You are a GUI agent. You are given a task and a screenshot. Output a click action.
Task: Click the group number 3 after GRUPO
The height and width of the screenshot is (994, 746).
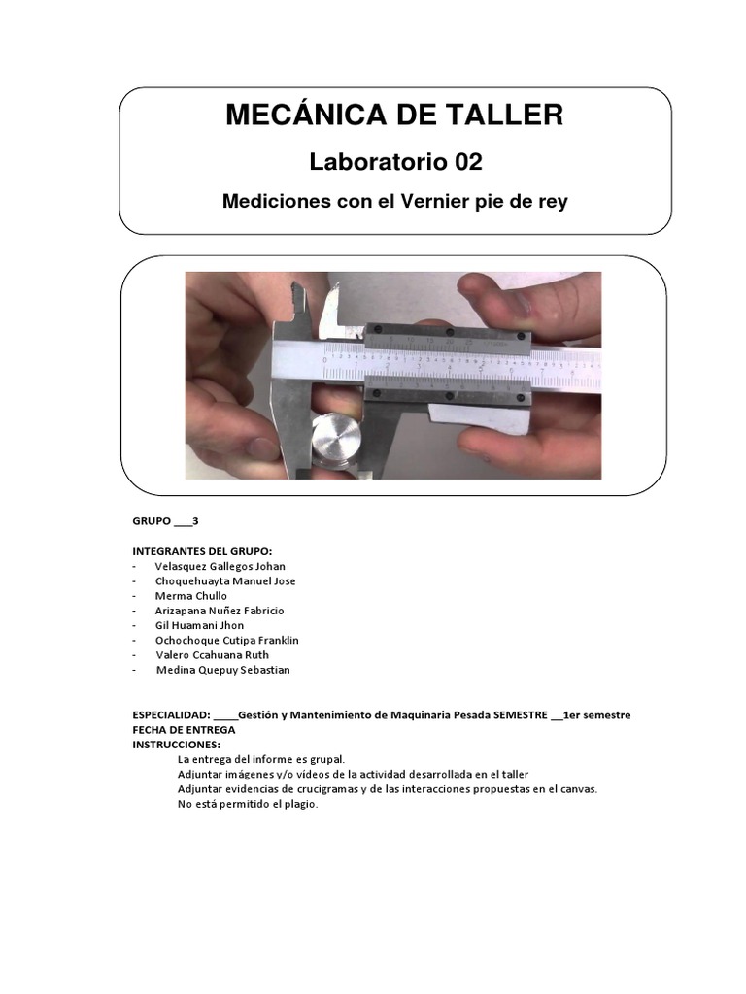click(195, 521)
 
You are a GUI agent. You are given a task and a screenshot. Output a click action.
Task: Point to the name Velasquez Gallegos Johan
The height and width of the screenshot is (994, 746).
click(220, 566)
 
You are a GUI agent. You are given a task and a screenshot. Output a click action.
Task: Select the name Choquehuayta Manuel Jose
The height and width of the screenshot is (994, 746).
click(225, 581)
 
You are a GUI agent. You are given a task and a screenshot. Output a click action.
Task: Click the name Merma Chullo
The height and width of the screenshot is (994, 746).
click(190, 596)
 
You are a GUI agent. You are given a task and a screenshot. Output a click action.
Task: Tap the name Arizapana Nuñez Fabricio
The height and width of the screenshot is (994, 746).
click(220, 611)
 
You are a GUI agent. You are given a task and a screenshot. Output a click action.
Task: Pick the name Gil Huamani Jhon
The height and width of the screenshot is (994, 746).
click(199, 625)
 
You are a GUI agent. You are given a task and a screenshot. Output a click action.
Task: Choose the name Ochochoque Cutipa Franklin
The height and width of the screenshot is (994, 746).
click(226, 641)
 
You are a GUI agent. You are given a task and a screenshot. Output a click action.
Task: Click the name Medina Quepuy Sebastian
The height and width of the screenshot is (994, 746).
click(222, 670)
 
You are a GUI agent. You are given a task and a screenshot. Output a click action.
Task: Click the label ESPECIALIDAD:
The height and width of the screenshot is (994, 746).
click(171, 715)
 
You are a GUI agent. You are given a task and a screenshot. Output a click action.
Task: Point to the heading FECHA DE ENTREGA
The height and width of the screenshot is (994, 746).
click(184, 729)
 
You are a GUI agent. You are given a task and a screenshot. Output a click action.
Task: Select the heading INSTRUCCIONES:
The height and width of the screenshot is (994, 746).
click(176, 744)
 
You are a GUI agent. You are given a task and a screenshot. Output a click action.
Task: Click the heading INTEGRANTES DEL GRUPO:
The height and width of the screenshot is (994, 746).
click(202, 551)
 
